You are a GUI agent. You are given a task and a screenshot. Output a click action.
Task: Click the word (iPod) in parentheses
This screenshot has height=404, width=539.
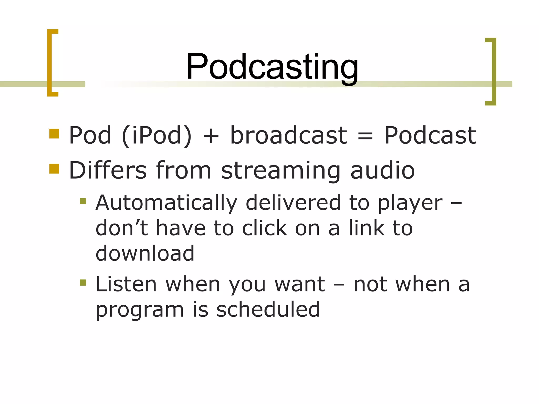point(157,135)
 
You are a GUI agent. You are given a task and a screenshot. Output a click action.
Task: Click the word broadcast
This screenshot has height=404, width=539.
point(288,135)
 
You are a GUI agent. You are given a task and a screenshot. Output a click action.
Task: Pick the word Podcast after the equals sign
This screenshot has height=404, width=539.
point(430,135)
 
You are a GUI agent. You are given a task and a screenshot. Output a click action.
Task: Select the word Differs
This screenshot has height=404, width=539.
point(108,170)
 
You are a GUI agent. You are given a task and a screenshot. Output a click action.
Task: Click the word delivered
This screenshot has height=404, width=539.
point(293,203)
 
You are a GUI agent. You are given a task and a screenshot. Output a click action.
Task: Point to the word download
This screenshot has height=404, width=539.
point(145,253)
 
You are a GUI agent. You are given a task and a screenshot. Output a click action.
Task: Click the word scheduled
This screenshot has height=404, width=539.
point(268,309)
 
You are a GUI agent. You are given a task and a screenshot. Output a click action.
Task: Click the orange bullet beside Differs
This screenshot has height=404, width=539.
point(54,169)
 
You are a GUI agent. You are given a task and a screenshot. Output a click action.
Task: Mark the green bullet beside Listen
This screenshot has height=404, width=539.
point(83,283)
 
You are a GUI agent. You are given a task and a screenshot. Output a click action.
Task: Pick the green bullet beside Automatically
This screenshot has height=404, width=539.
point(83,201)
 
